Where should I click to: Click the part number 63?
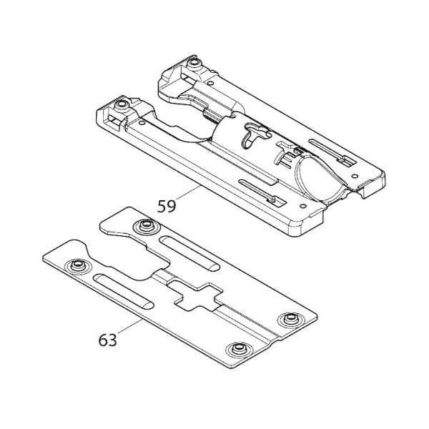point(107,340)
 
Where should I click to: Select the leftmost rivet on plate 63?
point(75,267)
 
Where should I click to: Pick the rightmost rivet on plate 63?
point(290,320)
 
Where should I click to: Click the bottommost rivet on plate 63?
point(235,349)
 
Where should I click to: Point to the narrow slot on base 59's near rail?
point(257,191)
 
